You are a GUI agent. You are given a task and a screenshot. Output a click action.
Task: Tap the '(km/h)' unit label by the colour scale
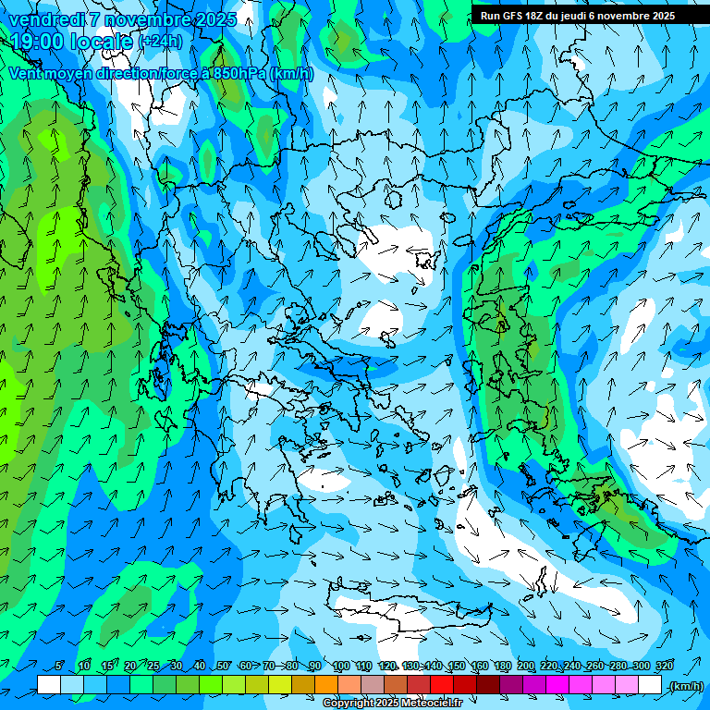685,685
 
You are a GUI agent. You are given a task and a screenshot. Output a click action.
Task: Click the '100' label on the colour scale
340,666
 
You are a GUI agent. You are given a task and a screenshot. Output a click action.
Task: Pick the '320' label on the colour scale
664,666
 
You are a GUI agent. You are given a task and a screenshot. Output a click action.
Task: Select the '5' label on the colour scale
58,666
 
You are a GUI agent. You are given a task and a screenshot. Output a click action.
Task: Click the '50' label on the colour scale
223,666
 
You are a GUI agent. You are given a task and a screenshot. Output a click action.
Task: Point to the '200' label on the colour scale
526,666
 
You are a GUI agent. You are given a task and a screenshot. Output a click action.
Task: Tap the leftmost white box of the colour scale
49,685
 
